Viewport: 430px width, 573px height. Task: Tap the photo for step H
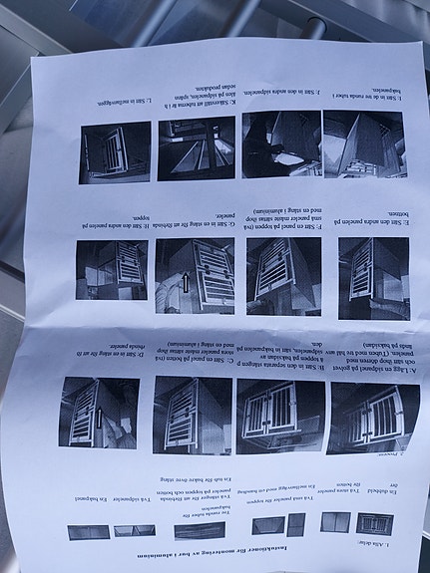(x=113, y=270)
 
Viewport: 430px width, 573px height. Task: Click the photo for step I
(x=363, y=143)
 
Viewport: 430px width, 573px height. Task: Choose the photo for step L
(x=115, y=151)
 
